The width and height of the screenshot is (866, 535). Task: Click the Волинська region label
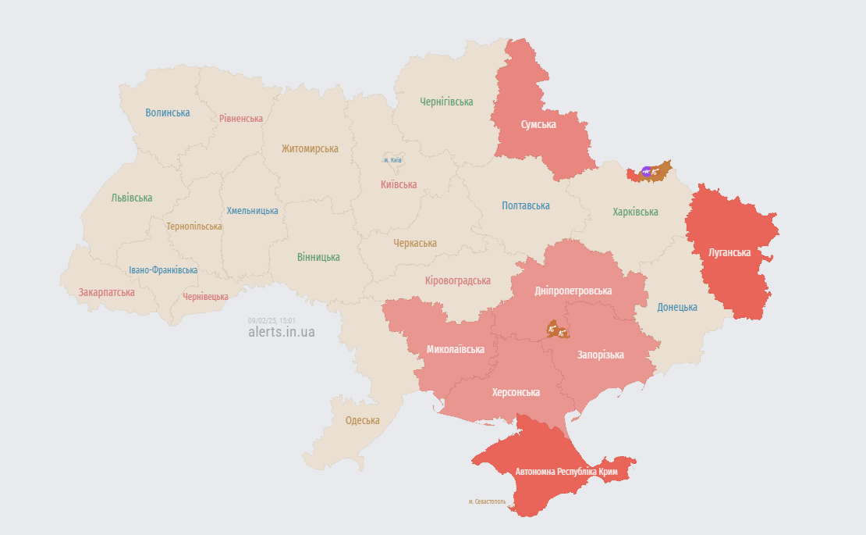click(168, 112)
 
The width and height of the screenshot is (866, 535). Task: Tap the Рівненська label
click(241, 119)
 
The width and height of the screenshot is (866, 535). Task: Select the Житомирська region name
click(310, 148)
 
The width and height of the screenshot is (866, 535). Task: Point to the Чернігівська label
click(446, 102)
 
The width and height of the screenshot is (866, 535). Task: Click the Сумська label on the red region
click(538, 124)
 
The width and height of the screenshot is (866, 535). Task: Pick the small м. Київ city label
click(392, 160)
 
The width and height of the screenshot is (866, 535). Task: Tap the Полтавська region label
click(525, 205)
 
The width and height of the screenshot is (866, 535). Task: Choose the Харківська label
click(635, 212)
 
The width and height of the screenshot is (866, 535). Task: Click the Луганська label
click(729, 252)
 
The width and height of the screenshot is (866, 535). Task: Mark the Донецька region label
click(677, 307)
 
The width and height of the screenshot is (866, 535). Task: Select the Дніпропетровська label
click(573, 291)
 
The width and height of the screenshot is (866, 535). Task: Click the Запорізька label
click(600, 355)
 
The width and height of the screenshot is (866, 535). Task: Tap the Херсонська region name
click(516, 392)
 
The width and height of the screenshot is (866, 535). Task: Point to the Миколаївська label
click(456, 349)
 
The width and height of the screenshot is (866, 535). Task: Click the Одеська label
click(363, 420)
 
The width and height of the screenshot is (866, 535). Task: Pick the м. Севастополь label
click(488, 501)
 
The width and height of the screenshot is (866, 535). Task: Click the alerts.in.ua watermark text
click(282, 332)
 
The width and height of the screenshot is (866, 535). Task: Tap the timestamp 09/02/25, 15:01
click(272, 320)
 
